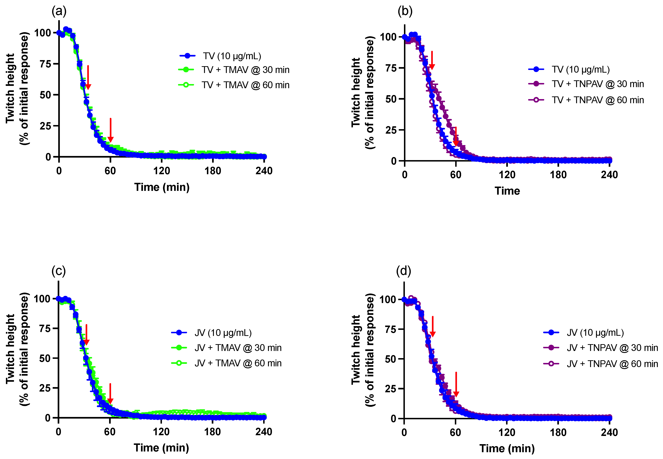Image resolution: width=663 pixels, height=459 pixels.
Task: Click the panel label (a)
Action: (x=59, y=11)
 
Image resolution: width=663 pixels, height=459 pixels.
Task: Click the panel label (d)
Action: (x=403, y=271)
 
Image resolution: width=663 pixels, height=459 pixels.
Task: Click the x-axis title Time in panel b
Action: (x=507, y=191)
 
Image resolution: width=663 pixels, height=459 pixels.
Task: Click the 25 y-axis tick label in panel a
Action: (x=45, y=126)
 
